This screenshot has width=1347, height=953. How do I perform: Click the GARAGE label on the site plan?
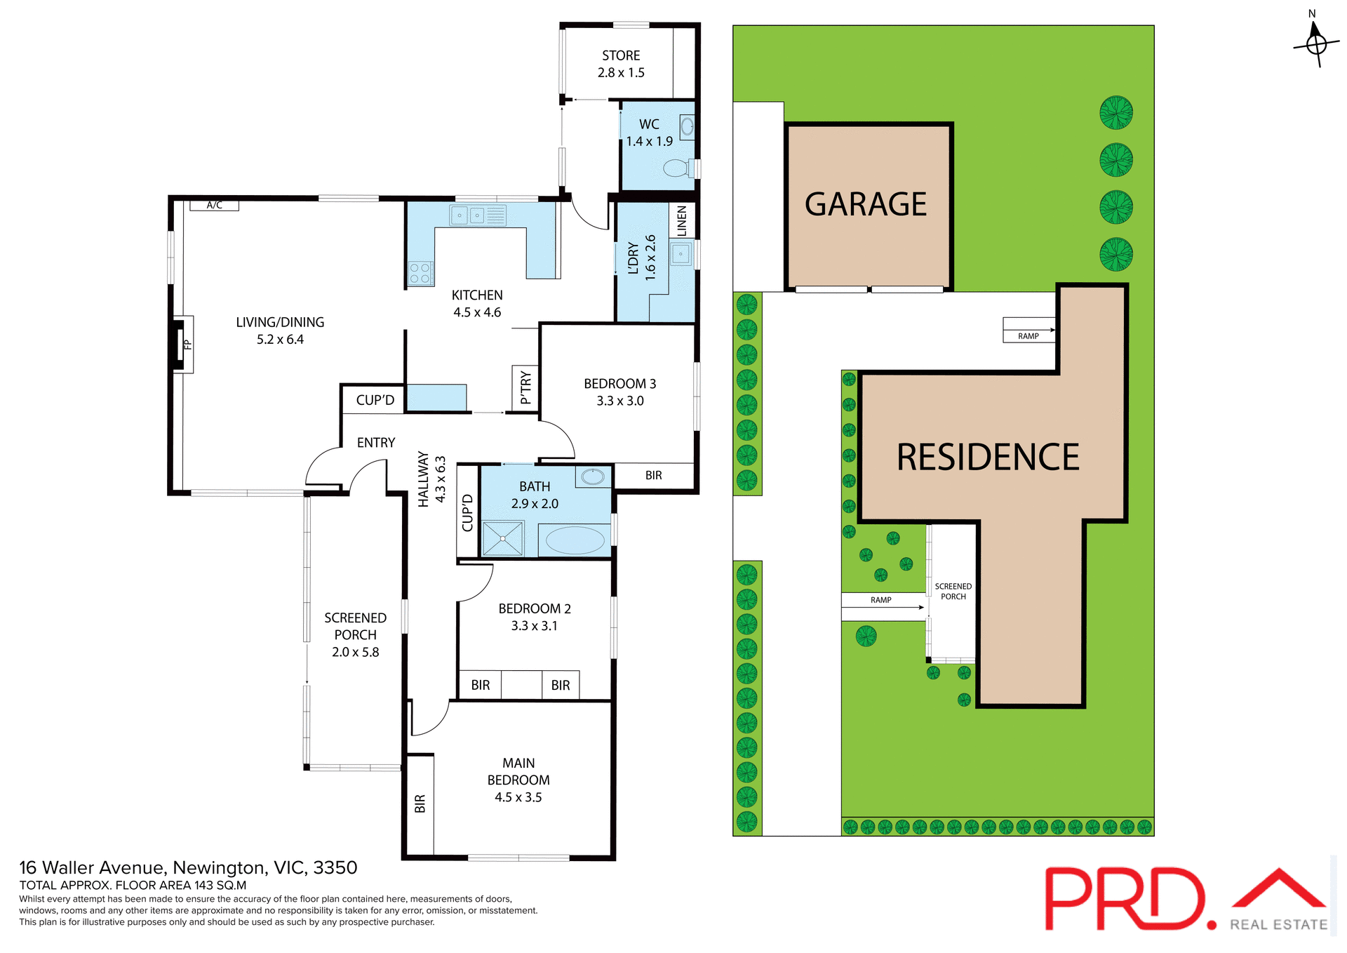[x=865, y=205]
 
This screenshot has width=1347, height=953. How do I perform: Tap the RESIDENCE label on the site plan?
[x=988, y=458]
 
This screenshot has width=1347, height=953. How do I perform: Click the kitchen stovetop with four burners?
[x=420, y=273]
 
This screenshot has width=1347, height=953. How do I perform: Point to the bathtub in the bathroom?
[x=575, y=540]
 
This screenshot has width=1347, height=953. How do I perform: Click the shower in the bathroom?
[x=503, y=539]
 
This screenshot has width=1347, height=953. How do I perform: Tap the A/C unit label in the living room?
[x=215, y=205]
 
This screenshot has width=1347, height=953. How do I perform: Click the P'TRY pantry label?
[x=525, y=387]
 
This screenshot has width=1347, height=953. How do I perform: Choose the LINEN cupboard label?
[x=682, y=221]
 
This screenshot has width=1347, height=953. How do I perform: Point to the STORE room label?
[x=621, y=55]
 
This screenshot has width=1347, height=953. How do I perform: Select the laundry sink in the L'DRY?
[x=681, y=253]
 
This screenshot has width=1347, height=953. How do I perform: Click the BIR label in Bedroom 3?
[x=653, y=475]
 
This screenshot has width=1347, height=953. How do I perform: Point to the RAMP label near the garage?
[x=1028, y=336]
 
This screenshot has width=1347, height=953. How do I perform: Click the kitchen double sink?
[x=468, y=215]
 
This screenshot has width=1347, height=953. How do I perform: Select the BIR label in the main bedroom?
[x=420, y=804]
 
